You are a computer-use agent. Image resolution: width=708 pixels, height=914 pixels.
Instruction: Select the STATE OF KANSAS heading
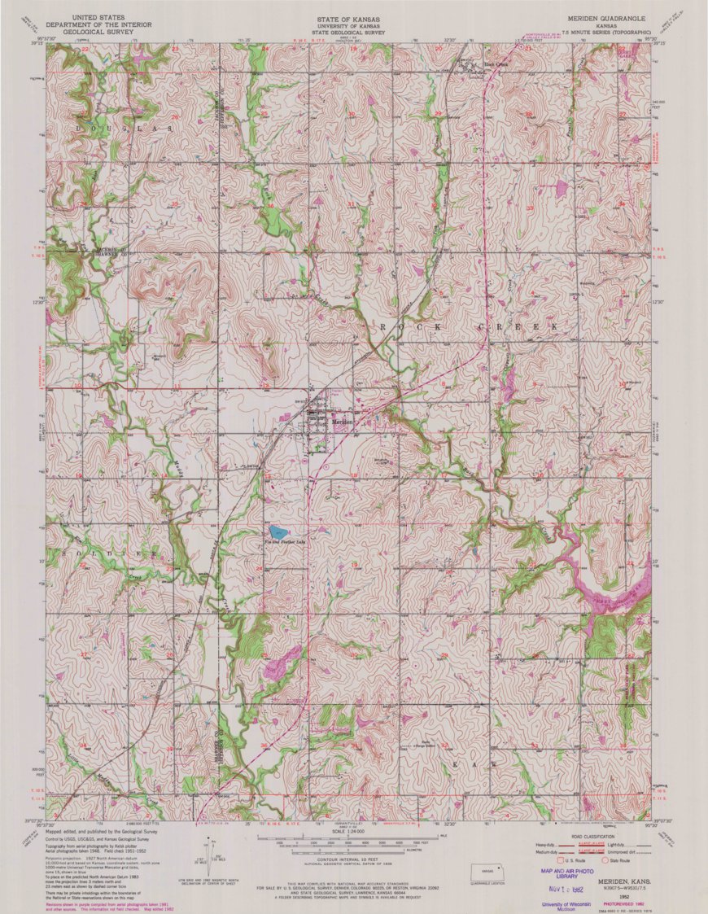(351, 17)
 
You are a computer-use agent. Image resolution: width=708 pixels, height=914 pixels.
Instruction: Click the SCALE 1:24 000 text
(351, 831)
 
